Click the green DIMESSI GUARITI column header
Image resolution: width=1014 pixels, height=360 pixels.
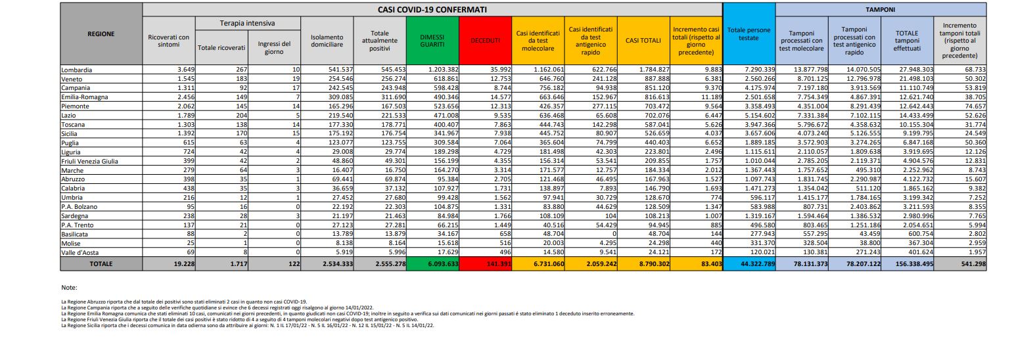tap(432, 40)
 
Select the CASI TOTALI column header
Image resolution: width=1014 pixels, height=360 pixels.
tap(643, 40)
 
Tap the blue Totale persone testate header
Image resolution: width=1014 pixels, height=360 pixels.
tap(749, 34)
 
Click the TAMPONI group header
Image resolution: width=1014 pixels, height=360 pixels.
tap(881, 10)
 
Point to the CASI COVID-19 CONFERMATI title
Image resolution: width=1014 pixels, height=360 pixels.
tap(432, 10)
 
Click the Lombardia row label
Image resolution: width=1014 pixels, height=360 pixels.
tap(76, 70)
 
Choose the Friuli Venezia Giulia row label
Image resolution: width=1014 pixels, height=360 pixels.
tap(89, 161)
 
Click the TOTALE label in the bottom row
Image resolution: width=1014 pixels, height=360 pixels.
tap(101, 263)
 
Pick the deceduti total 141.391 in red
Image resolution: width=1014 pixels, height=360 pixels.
tap(487, 263)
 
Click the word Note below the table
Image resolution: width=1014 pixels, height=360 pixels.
tap(68, 288)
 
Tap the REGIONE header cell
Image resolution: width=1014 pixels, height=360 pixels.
tap(101, 34)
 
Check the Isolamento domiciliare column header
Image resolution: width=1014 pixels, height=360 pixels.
tap(327, 40)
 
